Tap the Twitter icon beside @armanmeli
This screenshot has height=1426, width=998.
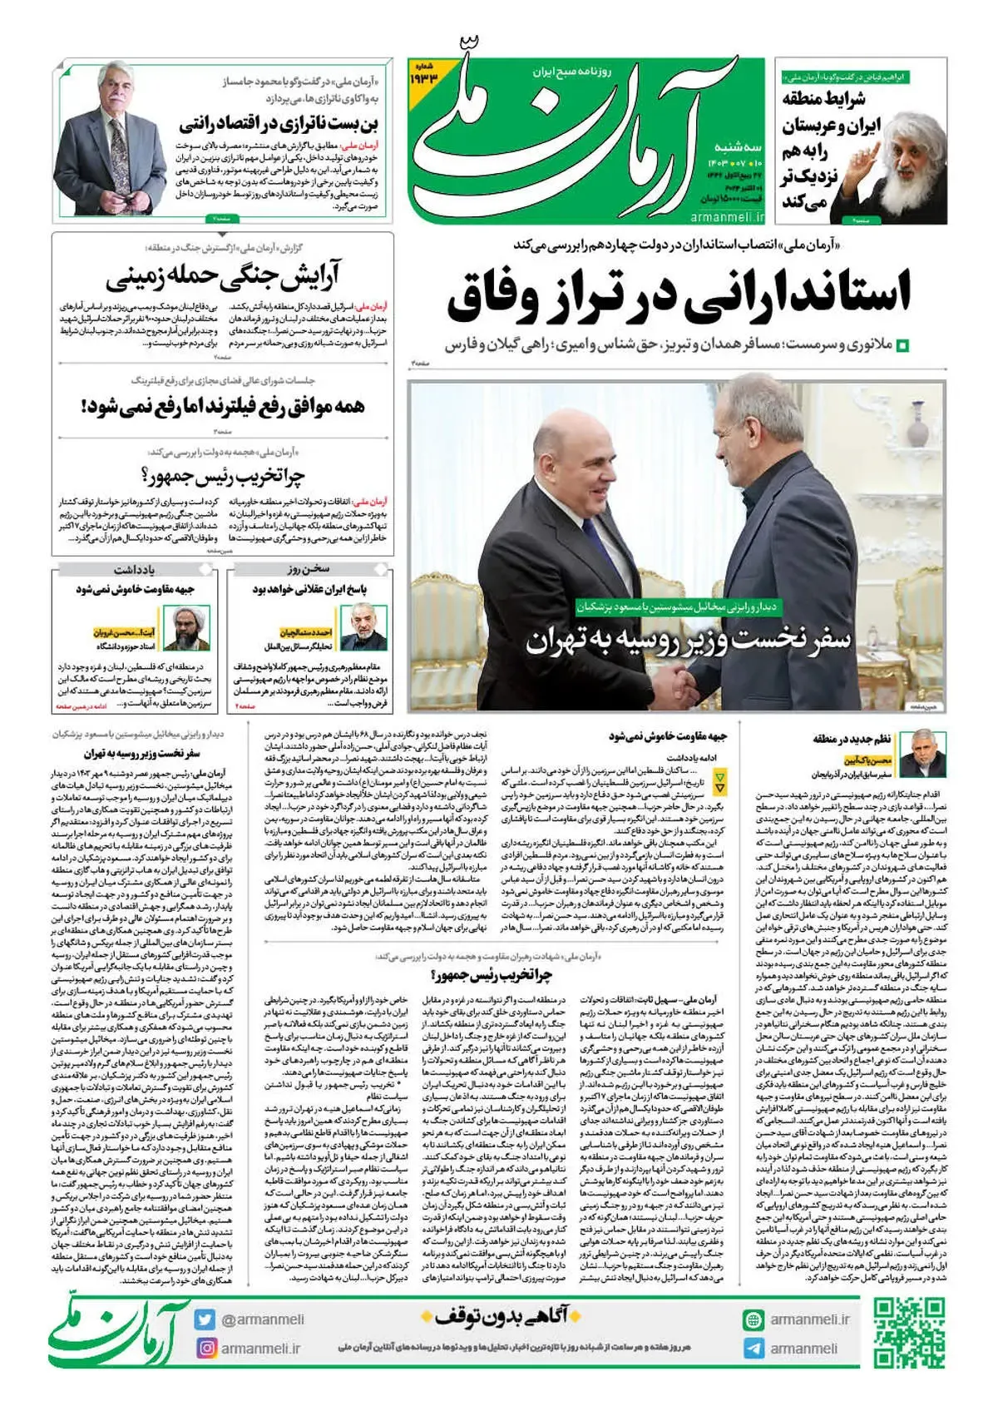pos(205,1319)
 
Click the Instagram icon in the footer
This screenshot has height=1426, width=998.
pos(205,1348)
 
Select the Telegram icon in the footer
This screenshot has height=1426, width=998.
pos(753,1349)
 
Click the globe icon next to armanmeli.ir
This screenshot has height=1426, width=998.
pos(753,1320)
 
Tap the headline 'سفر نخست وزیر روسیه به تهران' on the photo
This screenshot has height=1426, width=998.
pos(689,641)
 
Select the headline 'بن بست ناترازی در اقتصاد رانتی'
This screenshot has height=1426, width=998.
pos(278,125)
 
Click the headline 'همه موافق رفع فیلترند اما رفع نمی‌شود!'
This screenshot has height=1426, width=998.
pos(223,406)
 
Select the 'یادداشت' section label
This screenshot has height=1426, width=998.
pos(134,570)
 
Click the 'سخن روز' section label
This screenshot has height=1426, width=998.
pos(309,570)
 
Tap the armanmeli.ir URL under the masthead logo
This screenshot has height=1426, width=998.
pos(727,216)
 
